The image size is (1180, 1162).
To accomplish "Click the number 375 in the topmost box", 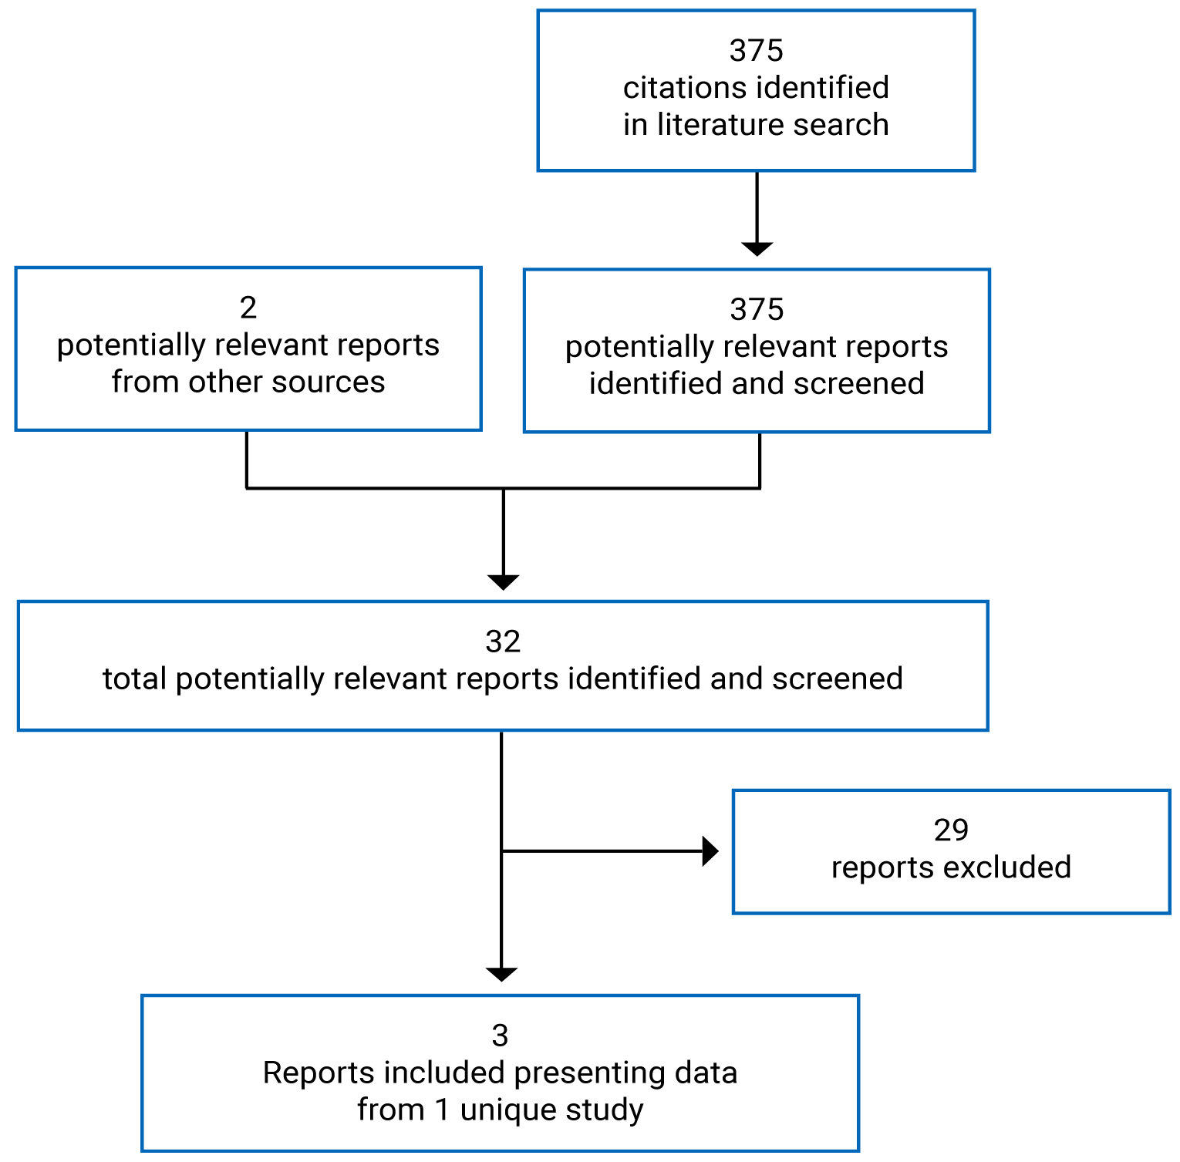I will tap(756, 51).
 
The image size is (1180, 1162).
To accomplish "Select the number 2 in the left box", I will tap(248, 308).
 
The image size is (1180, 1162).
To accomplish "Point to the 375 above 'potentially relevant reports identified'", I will tap(756, 310).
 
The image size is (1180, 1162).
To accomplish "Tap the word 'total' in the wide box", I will tap(135, 679).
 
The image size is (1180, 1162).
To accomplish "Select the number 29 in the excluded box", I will tap(950, 830).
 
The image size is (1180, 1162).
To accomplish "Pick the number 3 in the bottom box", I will tap(500, 1036).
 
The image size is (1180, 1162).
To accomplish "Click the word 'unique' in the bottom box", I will tap(508, 1110).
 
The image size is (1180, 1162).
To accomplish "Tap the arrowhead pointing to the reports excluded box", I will tap(710, 851).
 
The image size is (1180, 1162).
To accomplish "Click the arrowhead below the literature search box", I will tap(757, 248).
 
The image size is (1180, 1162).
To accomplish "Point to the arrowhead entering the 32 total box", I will tap(503, 582).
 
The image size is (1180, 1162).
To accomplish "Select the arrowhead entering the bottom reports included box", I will tap(501, 975).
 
